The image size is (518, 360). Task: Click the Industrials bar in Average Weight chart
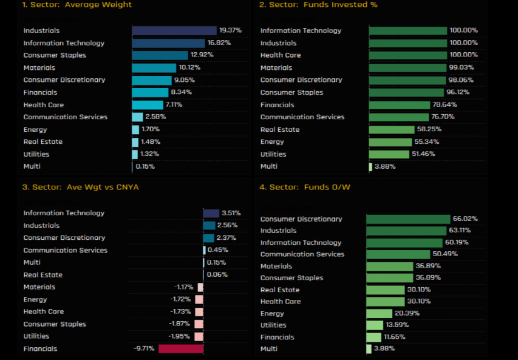pyautogui.click(x=174, y=30)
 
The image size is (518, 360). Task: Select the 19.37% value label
pyautogui.click(x=231, y=30)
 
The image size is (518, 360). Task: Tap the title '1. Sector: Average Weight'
pyautogui.click(x=77, y=5)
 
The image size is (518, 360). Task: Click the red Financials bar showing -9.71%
pyautogui.click(x=180, y=348)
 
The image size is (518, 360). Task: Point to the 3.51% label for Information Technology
pyautogui.click(x=231, y=213)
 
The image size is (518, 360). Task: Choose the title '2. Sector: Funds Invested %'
pyautogui.click(x=318, y=5)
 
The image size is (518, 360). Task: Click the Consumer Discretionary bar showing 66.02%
pyautogui.click(x=408, y=219)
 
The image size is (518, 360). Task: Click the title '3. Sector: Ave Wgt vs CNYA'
pyautogui.click(x=80, y=187)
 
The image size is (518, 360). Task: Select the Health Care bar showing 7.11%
pyautogui.click(x=148, y=105)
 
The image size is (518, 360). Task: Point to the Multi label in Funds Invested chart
pyautogui.click(x=268, y=166)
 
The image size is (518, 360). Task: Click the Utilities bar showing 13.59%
pyautogui.click(x=375, y=325)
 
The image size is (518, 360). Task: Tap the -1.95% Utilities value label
pyautogui.click(x=180, y=336)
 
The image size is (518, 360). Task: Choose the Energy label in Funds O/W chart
pyautogui.click(x=272, y=313)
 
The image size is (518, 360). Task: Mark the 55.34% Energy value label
pyautogui.click(x=426, y=142)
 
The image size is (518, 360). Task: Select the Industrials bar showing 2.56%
pyautogui.click(x=209, y=225)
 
